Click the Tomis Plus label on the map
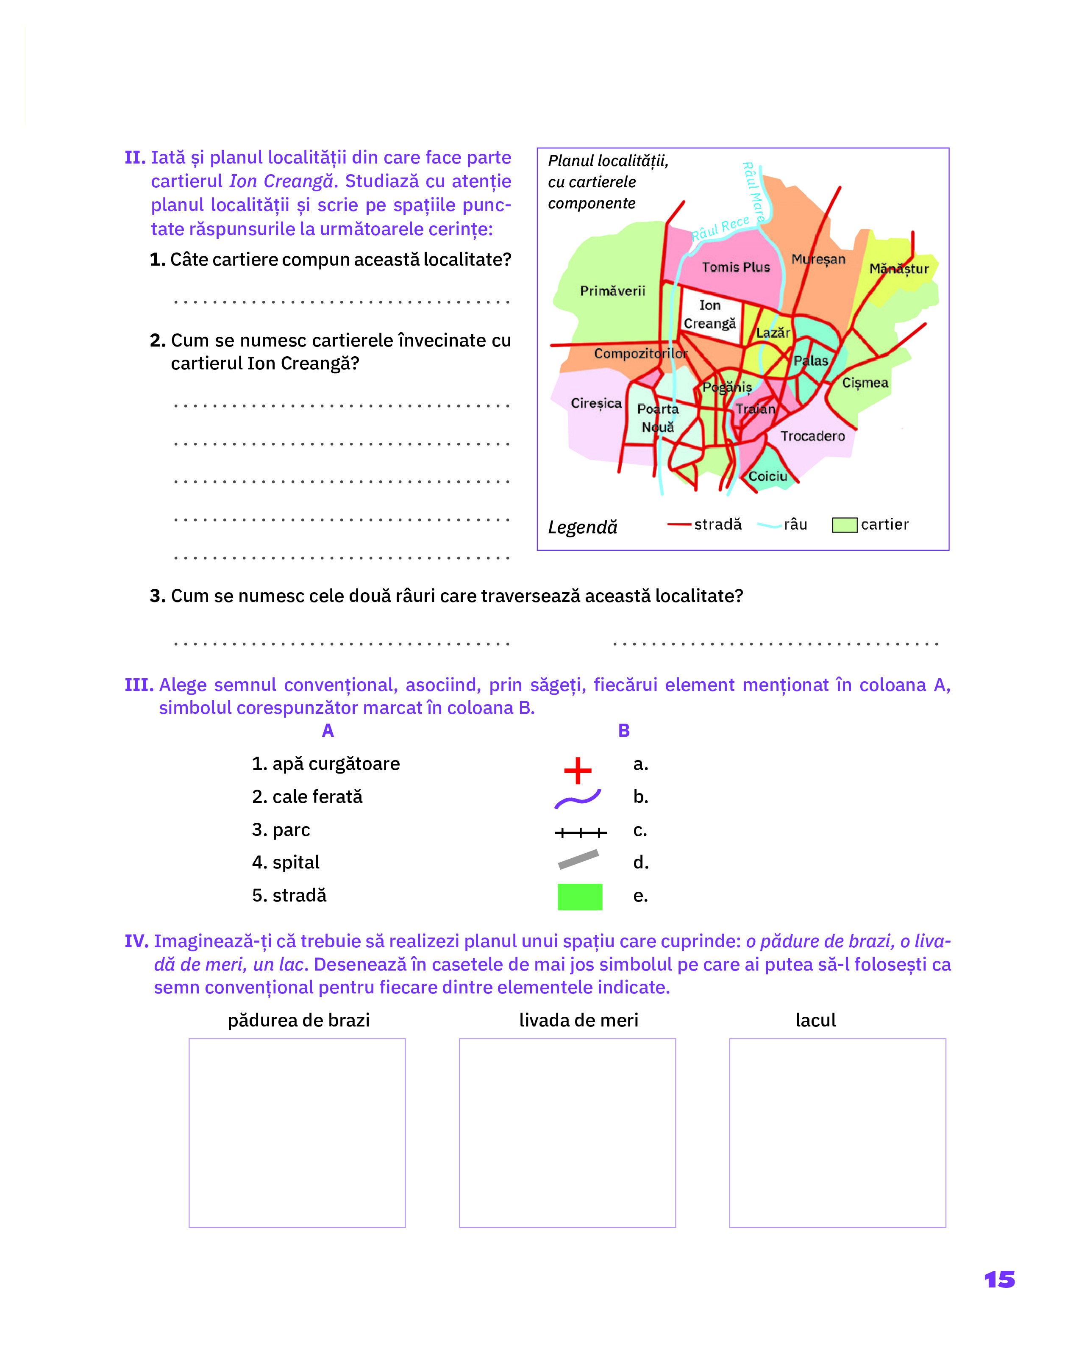coord(735,267)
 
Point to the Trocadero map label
coord(812,436)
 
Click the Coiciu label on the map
coord(767,476)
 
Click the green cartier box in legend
coord(844,525)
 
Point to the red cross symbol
coord(577,771)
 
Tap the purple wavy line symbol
coord(577,799)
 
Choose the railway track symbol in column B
coord(580,833)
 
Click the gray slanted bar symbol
coord(578,860)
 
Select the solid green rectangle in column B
coord(580,897)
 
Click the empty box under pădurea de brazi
coord(297,1133)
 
